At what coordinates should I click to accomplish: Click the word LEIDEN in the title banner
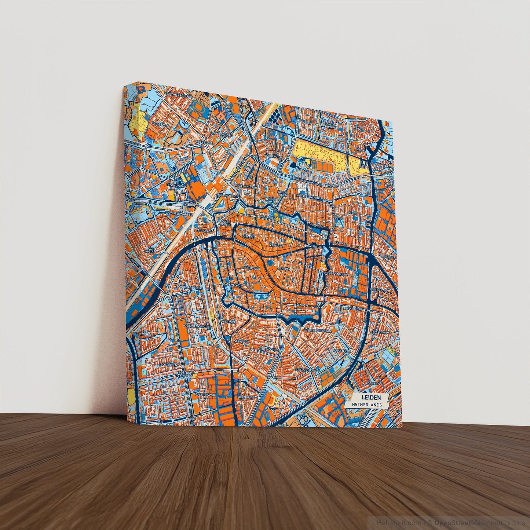[370, 397]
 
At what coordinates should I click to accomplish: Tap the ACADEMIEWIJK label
[233, 285]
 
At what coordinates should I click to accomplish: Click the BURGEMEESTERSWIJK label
[318, 330]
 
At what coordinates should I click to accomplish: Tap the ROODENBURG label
[341, 351]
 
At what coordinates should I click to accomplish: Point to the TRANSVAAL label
[204, 231]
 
